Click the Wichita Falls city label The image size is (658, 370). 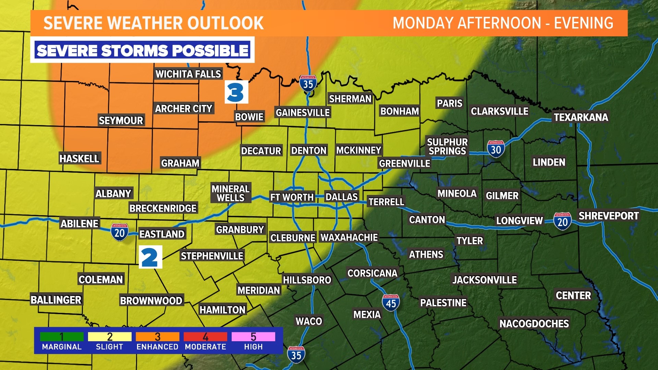(188, 74)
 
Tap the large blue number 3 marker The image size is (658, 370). (236, 92)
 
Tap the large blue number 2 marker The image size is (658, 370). (150, 257)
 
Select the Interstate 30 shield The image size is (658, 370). (496, 149)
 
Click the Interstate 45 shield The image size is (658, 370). (391, 303)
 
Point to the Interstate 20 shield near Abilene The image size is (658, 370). (119, 233)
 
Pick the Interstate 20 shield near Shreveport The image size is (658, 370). (562, 221)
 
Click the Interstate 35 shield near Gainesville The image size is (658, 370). (308, 83)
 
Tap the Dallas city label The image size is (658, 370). (341, 197)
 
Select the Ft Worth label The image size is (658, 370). (292, 197)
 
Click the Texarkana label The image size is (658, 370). (581, 118)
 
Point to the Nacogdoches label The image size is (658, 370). (534, 324)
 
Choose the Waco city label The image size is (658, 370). (309, 321)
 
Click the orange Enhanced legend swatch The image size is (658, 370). (157, 337)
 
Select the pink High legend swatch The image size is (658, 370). (253, 337)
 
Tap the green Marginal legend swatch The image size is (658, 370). (62, 337)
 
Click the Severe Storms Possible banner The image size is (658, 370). (142, 51)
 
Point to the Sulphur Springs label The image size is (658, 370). (447, 147)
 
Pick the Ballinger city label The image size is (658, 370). (56, 300)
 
